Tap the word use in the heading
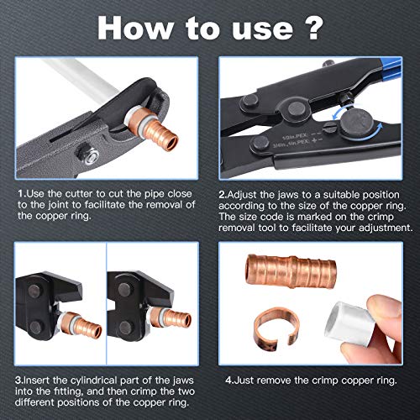pos(267,28)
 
